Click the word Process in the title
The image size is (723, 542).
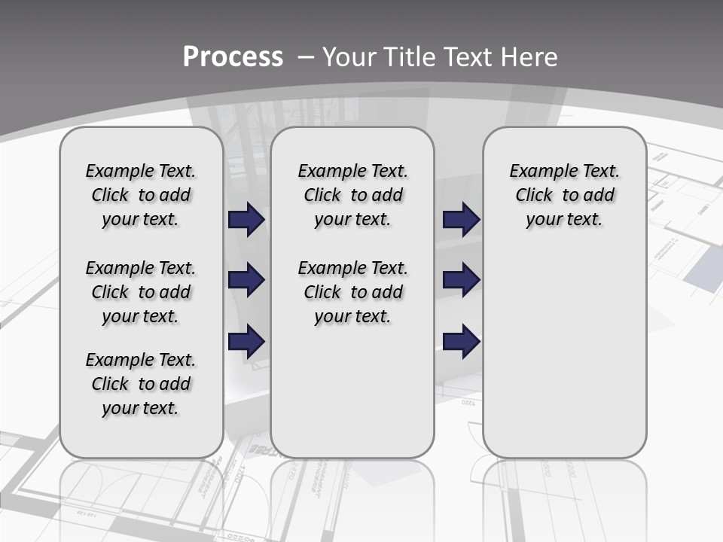click(233, 57)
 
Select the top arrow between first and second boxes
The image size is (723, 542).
click(246, 219)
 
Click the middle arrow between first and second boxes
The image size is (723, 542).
click(246, 280)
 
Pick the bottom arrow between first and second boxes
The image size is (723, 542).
click(246, 342)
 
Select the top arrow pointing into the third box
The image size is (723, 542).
click(461, 219)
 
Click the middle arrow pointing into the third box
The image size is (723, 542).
click(461, 280)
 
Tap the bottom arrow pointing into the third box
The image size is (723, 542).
click(461, 342)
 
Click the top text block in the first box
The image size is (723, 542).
click(141, 195)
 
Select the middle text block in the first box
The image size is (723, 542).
click(141, 292)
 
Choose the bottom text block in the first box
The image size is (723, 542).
click(141, 384)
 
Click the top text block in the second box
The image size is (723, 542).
click(353, 195)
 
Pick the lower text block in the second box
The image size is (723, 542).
click(353, 292)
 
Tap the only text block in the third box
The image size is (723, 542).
click(565, 195)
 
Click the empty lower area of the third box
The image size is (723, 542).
click(565, 346)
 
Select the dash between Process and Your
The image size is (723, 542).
click(305, 57)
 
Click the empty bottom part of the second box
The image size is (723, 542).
click(352, 399)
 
